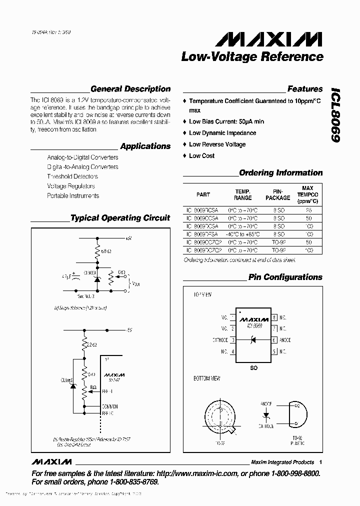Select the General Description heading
[x=130, y=89]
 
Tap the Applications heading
[x=145, y=146]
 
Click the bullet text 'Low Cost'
[x=201, y=156]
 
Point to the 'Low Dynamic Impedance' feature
[x=222, y=133]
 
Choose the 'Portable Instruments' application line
[x=73, y=196]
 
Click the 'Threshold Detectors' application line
[x=72, y=176]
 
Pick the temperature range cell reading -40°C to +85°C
[x=242, y=233]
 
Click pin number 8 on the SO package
[x=274, y=317]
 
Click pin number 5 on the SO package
[x=274, y=351]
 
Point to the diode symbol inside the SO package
[x=253, y=340]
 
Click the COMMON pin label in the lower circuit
[x=109, y=406]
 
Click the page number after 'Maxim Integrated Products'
[x=320, y=462]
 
